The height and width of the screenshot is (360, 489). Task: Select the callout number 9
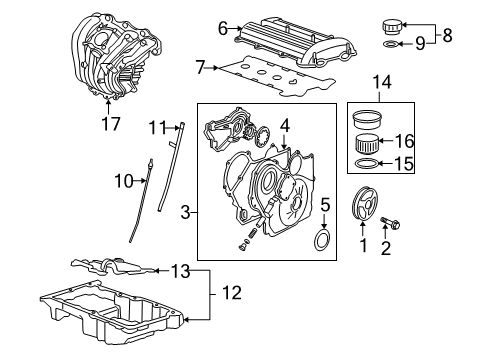[419, 43]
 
